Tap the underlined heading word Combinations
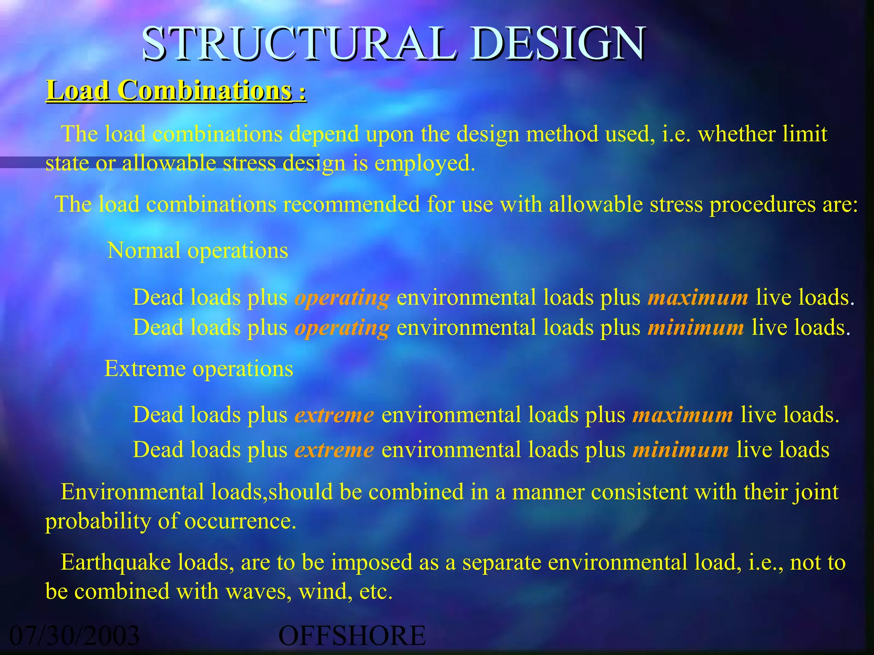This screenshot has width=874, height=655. (x=205, y=91)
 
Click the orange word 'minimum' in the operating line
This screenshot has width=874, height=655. (x=696, y=328)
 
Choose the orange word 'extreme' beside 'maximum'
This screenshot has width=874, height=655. (x=334, y=415)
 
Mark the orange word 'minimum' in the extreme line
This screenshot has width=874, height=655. (x=681, y=450)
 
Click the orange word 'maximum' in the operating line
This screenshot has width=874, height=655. (x=698, y=297)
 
